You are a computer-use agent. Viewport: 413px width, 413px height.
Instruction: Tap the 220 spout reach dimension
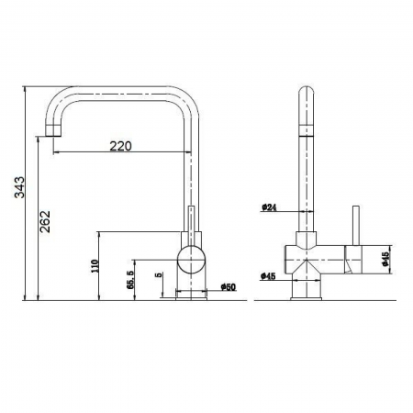coord(121,144)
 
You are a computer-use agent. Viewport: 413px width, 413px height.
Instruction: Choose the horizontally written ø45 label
coord(270,275)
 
